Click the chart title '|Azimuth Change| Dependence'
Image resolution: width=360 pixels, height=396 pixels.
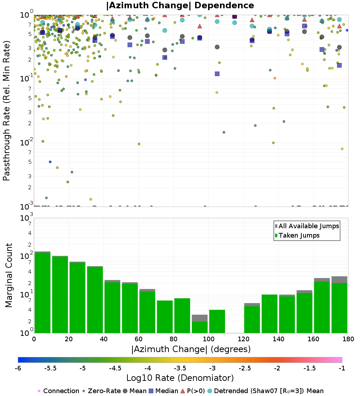click(180, 6)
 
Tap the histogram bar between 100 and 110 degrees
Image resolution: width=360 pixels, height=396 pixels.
click(217, 321)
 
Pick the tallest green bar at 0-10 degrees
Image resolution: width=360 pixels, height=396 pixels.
click(42, 292)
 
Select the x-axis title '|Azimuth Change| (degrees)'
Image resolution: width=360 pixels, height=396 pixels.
click(191, 349)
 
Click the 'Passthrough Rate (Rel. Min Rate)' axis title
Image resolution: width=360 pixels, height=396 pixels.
click(6, 111)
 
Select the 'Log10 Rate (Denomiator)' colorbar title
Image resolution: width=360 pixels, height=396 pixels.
click(180, 378)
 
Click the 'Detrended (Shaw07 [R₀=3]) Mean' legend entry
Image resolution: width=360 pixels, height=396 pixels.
click(269, 391)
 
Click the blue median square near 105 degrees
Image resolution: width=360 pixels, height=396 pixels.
click(217, 74)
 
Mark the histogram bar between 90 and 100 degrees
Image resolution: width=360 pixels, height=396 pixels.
click(200, 326)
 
